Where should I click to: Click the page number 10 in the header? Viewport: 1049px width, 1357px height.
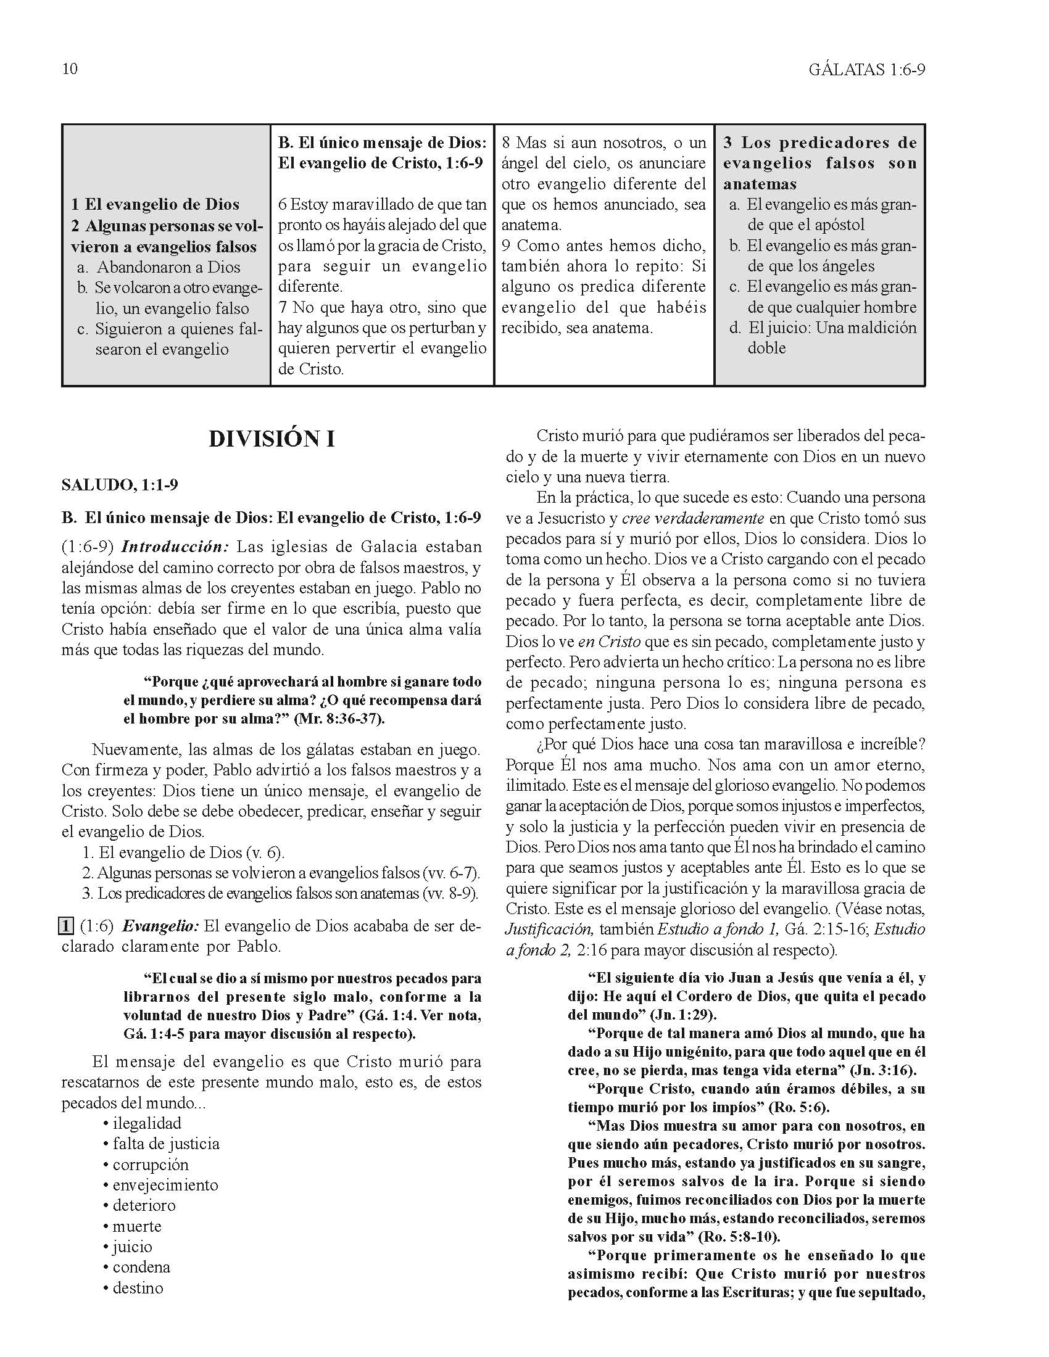click(70, 69)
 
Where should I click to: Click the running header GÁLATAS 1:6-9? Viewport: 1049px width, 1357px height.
click(867, 70)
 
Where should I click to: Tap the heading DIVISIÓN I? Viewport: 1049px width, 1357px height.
click(272, 439)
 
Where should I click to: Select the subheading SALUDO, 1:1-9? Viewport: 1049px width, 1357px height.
click(120, 485)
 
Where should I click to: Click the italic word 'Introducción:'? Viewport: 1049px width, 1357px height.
click(176, 547)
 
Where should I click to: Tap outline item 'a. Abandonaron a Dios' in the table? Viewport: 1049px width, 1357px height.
click(159, 267)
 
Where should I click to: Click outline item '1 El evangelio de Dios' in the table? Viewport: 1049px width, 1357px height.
click(155, 204)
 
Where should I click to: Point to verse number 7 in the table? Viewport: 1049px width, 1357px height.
click(283, 307)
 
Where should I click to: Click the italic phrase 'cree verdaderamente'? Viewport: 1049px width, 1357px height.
click(692, 518)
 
